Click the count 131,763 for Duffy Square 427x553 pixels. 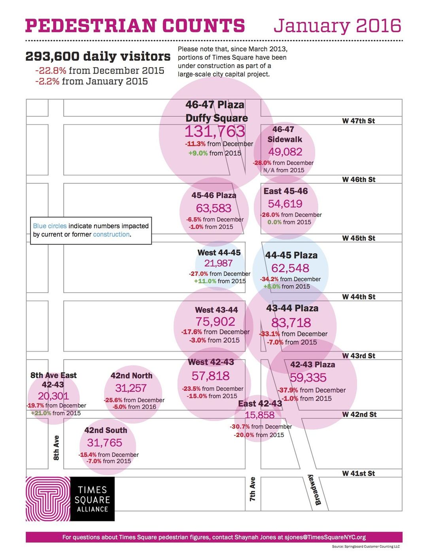(215, 131)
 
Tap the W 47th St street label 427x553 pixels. (358, 121)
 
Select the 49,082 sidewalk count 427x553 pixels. (285, 152)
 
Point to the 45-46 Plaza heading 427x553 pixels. (214, 195)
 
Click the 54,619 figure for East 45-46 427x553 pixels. (285, 204)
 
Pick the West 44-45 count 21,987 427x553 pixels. (218, 263)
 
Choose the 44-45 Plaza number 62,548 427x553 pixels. (290, 268)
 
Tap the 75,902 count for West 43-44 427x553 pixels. (215, 322)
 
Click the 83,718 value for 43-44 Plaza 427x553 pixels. (291, 323)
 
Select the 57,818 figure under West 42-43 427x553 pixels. (210, 376)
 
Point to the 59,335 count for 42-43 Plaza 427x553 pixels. (308, 378)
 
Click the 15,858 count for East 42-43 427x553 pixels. (259, 415)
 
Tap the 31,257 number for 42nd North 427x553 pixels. (131, 388)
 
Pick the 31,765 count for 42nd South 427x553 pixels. (105, 443)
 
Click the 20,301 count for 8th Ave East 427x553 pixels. (53, 396)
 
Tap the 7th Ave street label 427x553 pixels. (253, 489)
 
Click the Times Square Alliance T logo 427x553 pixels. (48, 499)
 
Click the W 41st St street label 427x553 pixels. (358, 473)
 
